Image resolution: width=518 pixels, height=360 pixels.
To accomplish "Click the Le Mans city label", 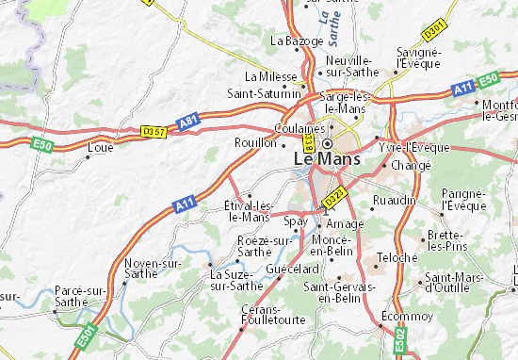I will [x=326, y=159].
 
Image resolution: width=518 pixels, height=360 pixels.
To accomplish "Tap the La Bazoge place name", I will [x=290, y=41].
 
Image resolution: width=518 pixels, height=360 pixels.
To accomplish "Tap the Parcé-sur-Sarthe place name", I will [x=79, y=296].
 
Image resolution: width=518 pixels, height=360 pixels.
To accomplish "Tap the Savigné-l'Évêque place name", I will [x=417, y=57].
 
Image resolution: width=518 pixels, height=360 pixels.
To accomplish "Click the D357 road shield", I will [x=153, y=130].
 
